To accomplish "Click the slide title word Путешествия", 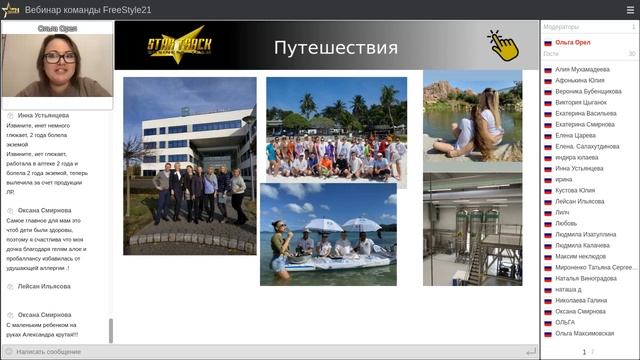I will [335, 48].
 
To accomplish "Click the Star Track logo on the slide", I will [177, 46].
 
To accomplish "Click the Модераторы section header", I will [560, 27].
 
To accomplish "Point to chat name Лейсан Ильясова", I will [44, 286].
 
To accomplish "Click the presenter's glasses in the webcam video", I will [57, 59].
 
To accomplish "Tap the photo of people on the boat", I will [327, 235].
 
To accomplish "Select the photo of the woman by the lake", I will [472, 122].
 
